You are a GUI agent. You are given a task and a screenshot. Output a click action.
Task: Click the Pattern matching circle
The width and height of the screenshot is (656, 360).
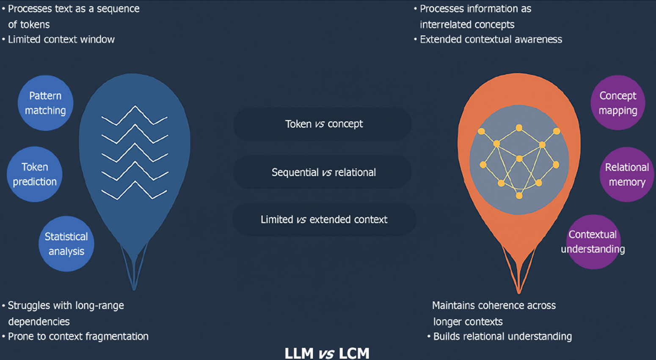(45, 103)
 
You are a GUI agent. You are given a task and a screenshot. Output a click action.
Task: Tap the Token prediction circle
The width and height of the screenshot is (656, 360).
(35, 174)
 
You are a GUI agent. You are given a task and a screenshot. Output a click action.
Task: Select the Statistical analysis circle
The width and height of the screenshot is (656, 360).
(66, 244)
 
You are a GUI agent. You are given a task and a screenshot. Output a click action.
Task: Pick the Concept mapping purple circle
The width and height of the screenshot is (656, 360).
(618, 103)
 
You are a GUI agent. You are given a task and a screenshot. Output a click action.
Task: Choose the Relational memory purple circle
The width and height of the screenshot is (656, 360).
(627, 174)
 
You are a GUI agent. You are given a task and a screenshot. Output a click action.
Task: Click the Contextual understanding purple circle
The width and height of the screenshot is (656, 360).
(594, 242)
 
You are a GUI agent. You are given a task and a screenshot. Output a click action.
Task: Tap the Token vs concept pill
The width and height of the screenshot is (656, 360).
(322, 124)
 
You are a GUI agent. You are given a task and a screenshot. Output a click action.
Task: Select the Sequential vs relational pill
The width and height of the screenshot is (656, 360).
(322, 172)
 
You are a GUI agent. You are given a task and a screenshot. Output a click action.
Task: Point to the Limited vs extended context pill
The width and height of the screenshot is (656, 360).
(324, 219)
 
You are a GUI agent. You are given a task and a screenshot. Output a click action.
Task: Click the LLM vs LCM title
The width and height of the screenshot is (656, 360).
(327, 353)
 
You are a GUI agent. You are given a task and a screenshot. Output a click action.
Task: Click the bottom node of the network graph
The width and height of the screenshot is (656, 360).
(519, 196)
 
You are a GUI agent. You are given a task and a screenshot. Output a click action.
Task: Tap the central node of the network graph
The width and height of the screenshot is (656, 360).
(519, 158)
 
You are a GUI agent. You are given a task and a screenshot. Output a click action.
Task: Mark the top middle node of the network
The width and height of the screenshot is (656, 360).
(519, 128)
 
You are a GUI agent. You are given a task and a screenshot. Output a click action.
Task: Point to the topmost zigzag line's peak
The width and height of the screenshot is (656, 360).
(135, 106)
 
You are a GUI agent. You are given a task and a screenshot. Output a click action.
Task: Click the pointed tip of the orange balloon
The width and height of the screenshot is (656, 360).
(518, 293)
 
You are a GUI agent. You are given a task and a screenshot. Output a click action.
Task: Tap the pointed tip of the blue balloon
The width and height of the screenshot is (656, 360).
(134, 290)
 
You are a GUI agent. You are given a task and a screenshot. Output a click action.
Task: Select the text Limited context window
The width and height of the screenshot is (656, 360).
(61, 39)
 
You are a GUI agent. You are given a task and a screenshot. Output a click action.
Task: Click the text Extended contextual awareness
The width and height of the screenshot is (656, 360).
(491, 39)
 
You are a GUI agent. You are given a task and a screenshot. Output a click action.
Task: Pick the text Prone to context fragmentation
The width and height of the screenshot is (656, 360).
(78, 337)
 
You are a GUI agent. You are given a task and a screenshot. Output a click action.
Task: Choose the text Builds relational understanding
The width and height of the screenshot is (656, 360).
(502, 337)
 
